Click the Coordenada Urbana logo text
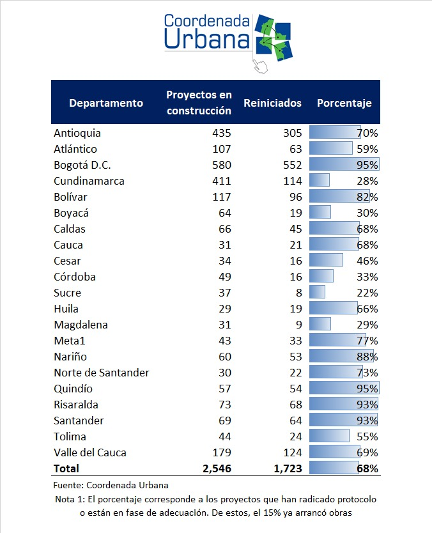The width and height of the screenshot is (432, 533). [206, 31]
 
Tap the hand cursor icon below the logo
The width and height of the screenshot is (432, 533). [261, 66]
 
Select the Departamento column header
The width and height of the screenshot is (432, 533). [106, 103]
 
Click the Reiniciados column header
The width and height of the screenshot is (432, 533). [273, 103]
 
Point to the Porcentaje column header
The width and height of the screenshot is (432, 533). [344, 103]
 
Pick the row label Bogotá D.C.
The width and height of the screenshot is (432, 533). [82, 165]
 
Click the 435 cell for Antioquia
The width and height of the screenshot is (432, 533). [222, 133]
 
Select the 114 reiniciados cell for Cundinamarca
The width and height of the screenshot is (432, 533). [293, 181]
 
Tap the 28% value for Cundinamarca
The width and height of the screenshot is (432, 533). [367, 181]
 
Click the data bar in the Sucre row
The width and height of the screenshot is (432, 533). [317, 292]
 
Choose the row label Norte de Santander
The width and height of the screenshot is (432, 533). [101, 373]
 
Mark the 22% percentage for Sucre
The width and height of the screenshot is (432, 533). [367, 293]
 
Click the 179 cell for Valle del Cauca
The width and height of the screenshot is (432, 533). [222, 452]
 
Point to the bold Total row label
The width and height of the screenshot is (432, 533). [66, 468]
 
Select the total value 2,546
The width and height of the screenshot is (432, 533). [217, 468]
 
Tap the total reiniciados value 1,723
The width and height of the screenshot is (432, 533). [288, 468]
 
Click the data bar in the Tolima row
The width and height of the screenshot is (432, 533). [329, 436]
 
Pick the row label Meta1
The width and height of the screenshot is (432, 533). [70, 341]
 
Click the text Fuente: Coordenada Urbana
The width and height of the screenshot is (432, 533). [111, 485]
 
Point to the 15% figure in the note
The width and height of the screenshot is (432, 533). [272, 513]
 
